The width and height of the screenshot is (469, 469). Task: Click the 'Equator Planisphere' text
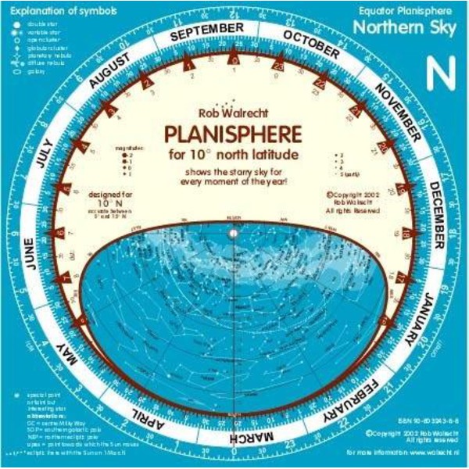pos(414,10)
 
